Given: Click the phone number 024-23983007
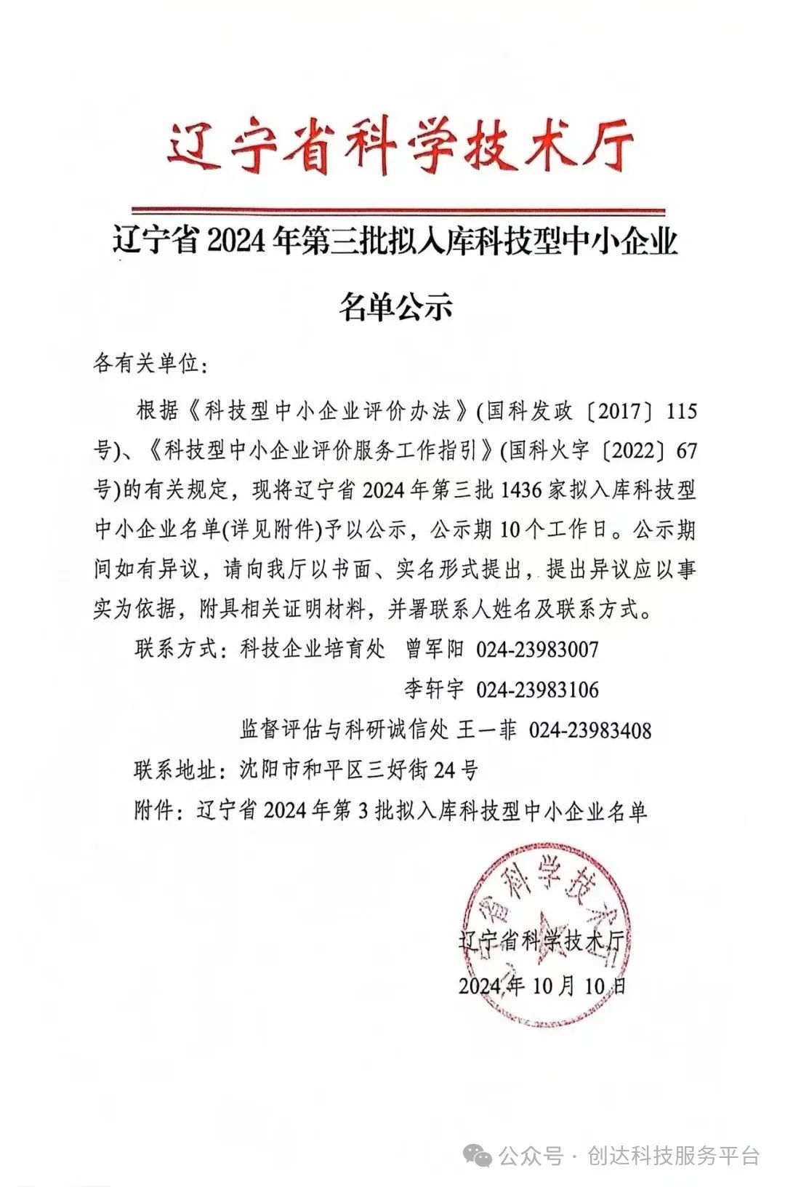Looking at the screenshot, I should click(x=537, y=649).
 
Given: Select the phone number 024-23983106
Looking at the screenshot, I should click(x=537, y=689).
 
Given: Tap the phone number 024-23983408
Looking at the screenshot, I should click(x=589, y=730).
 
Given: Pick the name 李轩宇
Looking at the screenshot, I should click(x=434, y=689).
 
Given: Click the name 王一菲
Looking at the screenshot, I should click(x=486, y=730).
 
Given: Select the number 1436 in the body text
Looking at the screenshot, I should click(x=522, y=490).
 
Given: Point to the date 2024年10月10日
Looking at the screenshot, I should click(x=542, y=986).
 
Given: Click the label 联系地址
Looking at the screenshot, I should click(x=175, y=770).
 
